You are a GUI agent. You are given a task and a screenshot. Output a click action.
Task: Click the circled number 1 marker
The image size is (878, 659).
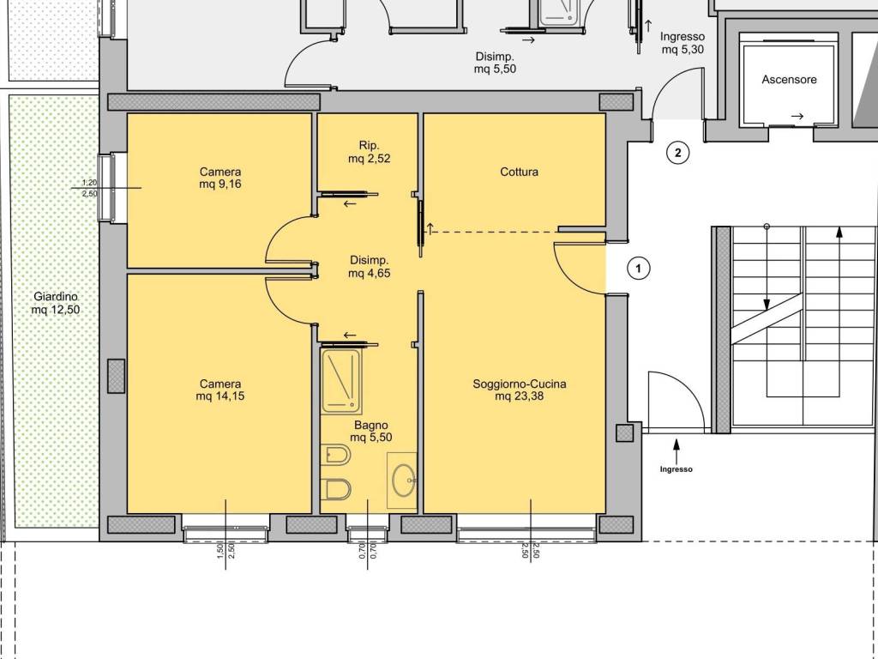point(638,268)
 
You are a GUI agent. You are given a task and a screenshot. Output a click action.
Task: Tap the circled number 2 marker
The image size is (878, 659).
point(677,152)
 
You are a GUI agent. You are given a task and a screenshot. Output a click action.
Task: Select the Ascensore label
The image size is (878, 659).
point(789,80)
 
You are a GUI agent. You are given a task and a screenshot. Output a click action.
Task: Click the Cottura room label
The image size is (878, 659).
point(519,172)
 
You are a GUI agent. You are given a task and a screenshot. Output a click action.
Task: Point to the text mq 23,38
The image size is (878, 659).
point(519,396)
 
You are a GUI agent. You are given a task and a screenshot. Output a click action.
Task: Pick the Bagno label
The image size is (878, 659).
point(370,426)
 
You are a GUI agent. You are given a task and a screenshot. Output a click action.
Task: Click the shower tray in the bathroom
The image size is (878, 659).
point(341,381)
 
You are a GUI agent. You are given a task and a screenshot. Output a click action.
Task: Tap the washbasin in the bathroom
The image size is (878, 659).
point(403,481)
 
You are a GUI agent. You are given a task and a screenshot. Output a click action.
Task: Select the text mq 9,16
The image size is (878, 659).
point(220,184)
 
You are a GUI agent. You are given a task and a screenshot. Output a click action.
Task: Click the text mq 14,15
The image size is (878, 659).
point(220,396)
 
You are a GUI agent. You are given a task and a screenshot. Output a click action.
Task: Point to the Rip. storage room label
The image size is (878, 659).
point(369,146)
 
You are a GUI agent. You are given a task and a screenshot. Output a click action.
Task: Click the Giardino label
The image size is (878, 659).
point(56,296)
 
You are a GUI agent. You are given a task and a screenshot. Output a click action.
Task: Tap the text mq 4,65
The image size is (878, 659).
point(369,274)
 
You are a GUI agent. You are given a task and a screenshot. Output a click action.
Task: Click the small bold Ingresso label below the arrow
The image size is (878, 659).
point(676,469)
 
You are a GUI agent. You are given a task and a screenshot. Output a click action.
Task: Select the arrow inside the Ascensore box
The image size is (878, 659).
point(797,117)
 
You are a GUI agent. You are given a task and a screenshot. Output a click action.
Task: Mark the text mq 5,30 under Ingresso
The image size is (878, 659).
point(683,50)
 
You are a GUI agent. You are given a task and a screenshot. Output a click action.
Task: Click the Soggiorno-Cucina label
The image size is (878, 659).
point(519,384)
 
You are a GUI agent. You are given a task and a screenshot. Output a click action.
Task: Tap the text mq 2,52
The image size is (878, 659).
point(369,159)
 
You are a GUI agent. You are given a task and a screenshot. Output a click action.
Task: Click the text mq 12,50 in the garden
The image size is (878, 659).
point(56,309)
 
